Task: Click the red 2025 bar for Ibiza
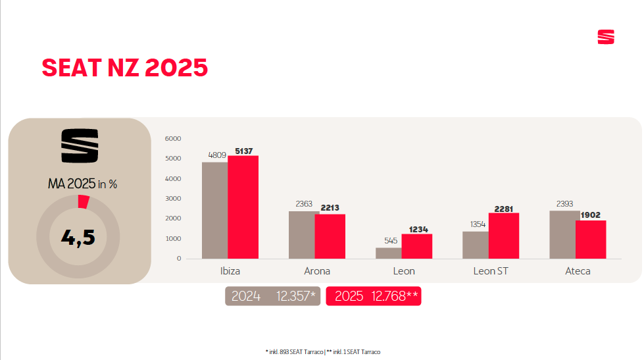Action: (x=243, y=207)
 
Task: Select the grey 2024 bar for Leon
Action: (x=388, y=253)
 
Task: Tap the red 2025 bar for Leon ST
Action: (x=504, y=235)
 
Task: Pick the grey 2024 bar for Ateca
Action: (x=564, y=234)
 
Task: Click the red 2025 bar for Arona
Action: (x=330, y=236)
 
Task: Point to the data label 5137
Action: (x=244, y=151)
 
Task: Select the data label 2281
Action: (x=504, y=209)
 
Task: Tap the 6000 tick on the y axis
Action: (x=173, y=138)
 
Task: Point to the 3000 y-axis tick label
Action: (x=173, y=198)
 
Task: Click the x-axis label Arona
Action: (x=317, y=271)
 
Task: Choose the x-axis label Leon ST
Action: (x=491, y=271)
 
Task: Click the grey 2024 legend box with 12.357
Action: (x=273, y=296)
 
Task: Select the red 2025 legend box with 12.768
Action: (x=374, y=296)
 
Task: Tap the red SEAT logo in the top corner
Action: (x=606, y=37)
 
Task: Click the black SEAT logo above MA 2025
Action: (x=80, y=145)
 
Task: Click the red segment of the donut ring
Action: (x=82, y=201)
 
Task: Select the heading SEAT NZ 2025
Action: (x=125, y=68)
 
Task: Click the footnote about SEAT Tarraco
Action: (x=322, y=352)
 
